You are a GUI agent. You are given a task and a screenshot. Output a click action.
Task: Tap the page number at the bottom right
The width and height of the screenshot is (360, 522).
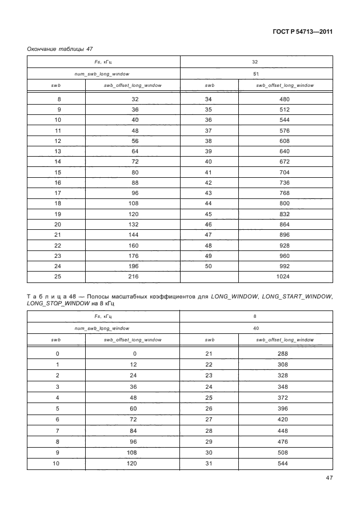(x=329, y=478)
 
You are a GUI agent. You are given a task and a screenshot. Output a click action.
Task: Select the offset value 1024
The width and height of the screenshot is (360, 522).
(x=285, y=276)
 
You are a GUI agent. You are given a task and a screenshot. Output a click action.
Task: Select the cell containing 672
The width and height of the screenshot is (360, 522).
(x=285, y=162)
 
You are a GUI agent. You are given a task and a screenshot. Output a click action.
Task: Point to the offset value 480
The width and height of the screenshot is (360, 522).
(x=285, y=99)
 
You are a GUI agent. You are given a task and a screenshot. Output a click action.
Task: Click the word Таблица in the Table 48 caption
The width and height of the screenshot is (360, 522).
(x=46, y=297)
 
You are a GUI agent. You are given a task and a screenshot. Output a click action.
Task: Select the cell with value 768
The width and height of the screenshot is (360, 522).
(x=285, y=193)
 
